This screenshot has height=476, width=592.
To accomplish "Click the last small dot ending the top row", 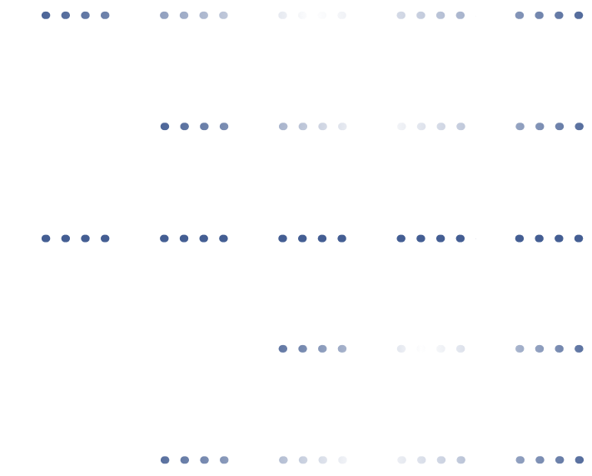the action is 579,15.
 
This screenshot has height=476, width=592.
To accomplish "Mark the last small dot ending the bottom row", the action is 579,459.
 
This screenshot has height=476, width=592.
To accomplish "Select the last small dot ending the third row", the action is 579,238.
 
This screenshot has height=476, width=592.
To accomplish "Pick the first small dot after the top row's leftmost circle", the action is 46,15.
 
